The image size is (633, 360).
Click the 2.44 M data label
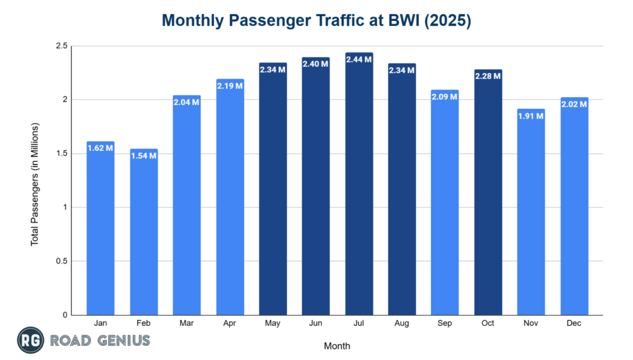coord(359,59)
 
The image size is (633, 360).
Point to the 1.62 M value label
coord(100,148)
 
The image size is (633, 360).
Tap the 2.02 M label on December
coord(574,104)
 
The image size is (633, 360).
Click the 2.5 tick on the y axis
coord(61,46)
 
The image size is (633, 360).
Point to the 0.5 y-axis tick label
coord(61,261)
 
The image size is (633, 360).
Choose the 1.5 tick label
coord(61,153)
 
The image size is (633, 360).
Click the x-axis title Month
coord(336,346)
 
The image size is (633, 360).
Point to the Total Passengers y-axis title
coord(35,184)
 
